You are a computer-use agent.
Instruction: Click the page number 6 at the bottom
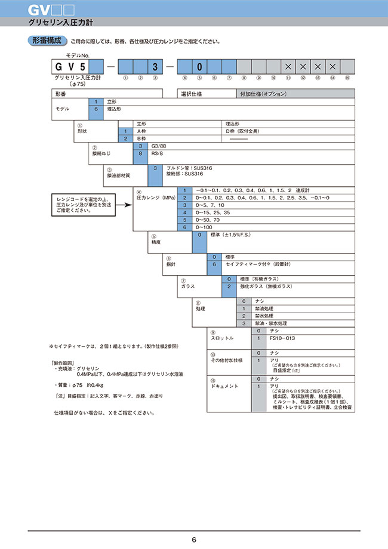click(193, 540)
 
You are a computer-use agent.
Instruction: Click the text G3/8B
click(158, 146)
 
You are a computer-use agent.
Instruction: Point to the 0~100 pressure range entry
click(205, 228)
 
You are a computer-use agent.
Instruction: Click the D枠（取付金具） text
click(243, 131)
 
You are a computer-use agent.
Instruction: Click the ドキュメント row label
click(224, 386)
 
